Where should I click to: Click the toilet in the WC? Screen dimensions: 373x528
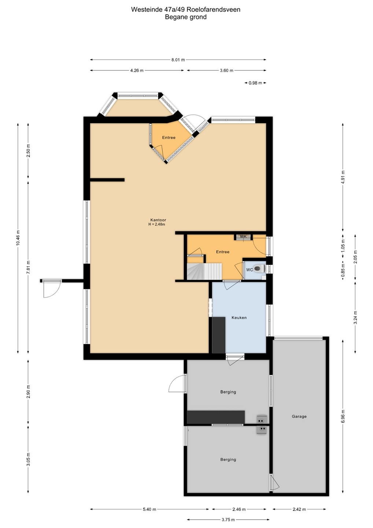click(260, 268)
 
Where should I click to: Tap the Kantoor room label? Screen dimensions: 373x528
click(157, 220)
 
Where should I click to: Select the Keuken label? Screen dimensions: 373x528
click(239, 318)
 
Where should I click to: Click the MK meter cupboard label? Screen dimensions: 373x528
click(243, 236)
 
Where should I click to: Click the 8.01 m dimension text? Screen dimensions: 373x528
click(178, 60)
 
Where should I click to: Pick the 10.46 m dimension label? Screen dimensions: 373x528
click(18, 238)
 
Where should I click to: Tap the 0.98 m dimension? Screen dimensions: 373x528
click(255, 83)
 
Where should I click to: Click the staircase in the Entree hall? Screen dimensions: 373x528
click(204, 271)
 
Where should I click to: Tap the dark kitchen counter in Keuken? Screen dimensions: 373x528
click(218, 335)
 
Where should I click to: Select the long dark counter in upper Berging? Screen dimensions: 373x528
click(216, 417)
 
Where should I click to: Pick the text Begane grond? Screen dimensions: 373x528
click(186, 17)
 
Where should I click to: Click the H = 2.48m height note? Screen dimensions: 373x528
click(156, 224)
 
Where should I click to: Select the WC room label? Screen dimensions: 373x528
click(250, 269)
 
